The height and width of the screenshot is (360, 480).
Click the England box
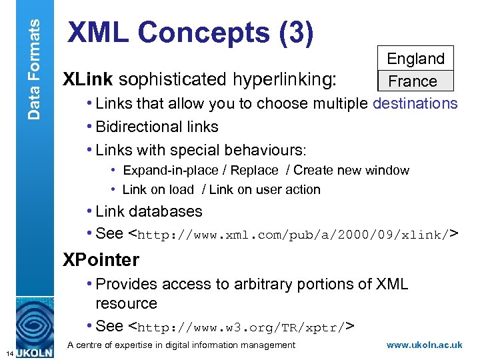415,59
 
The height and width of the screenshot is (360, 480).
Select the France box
413,81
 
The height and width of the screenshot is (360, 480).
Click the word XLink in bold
88,80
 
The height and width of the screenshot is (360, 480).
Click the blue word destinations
415,104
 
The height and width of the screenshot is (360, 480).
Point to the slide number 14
6,353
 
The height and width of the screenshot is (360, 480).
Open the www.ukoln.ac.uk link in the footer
424,345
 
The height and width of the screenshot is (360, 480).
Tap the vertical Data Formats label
33,60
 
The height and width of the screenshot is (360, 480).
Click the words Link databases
149,211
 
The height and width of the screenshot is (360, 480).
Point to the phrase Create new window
351,171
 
